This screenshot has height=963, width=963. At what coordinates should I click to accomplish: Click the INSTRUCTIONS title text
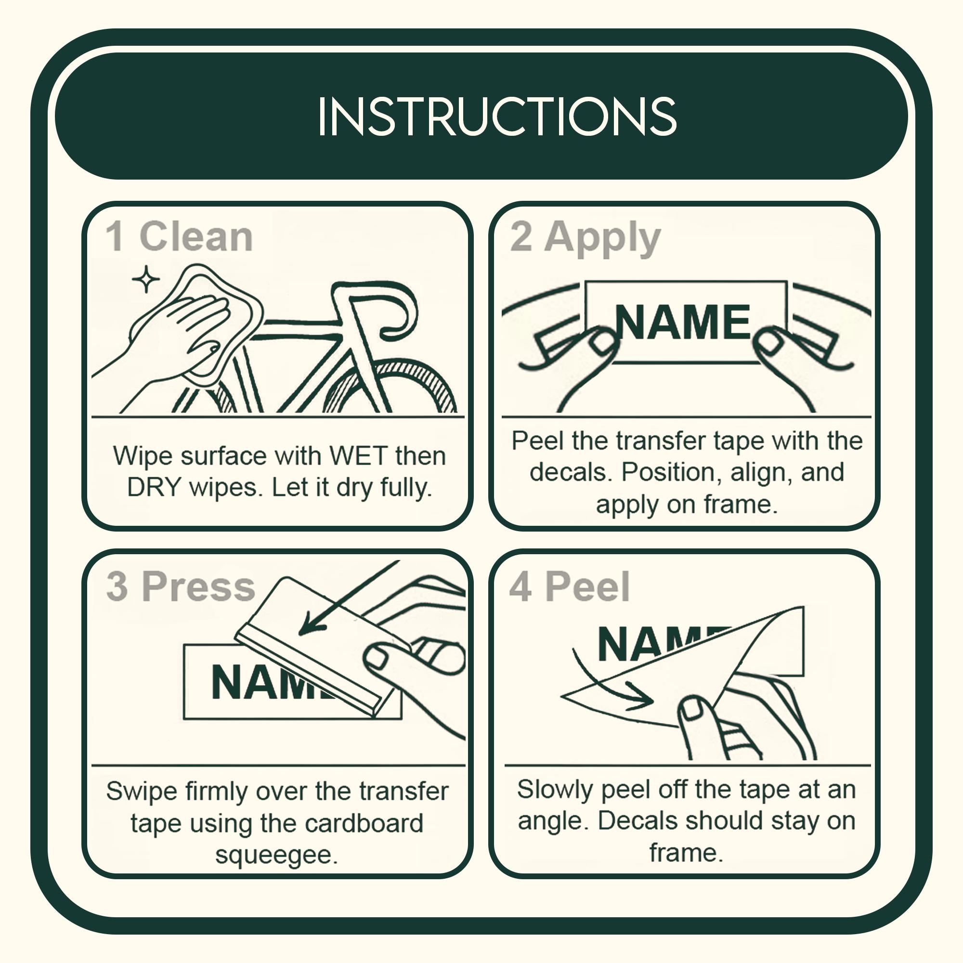pos(497,116)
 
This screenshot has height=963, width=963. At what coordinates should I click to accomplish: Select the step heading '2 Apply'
pos(585,238)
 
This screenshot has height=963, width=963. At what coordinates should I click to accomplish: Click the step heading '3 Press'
pos(181,586)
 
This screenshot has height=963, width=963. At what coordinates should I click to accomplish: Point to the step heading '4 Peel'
pos(569,586)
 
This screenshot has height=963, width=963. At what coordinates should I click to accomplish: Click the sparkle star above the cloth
pos(146,279)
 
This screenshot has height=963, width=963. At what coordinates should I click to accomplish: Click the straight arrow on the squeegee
pos(349,598)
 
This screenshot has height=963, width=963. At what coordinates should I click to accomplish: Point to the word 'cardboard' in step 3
pos(364,823)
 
